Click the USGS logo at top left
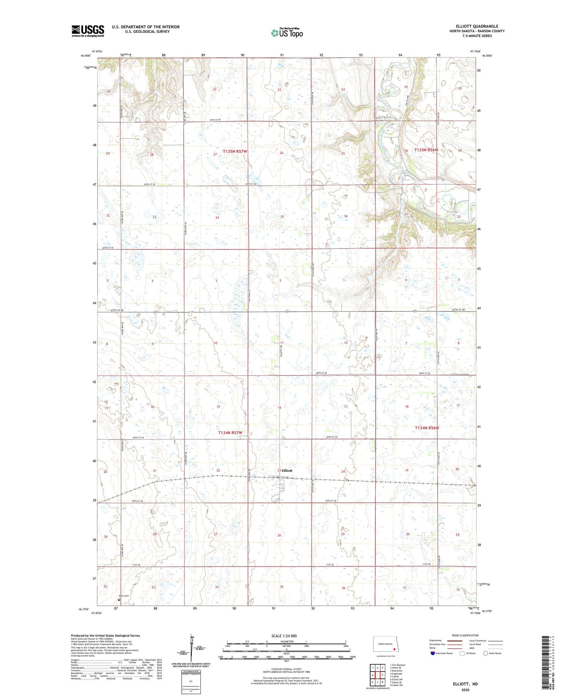coord(87,31)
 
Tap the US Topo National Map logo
coord(287,33)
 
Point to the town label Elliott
coord(287,471)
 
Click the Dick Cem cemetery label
coord(123,596)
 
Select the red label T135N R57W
coord(235,152)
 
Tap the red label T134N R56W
coord(426,428)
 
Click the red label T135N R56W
coord(426,150)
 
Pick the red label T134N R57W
coord(230,433)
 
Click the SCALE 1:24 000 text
coord(284,636)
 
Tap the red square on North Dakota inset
coord(394,650)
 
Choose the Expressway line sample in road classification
coord(454,641)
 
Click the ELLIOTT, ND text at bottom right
coord(465,684)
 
